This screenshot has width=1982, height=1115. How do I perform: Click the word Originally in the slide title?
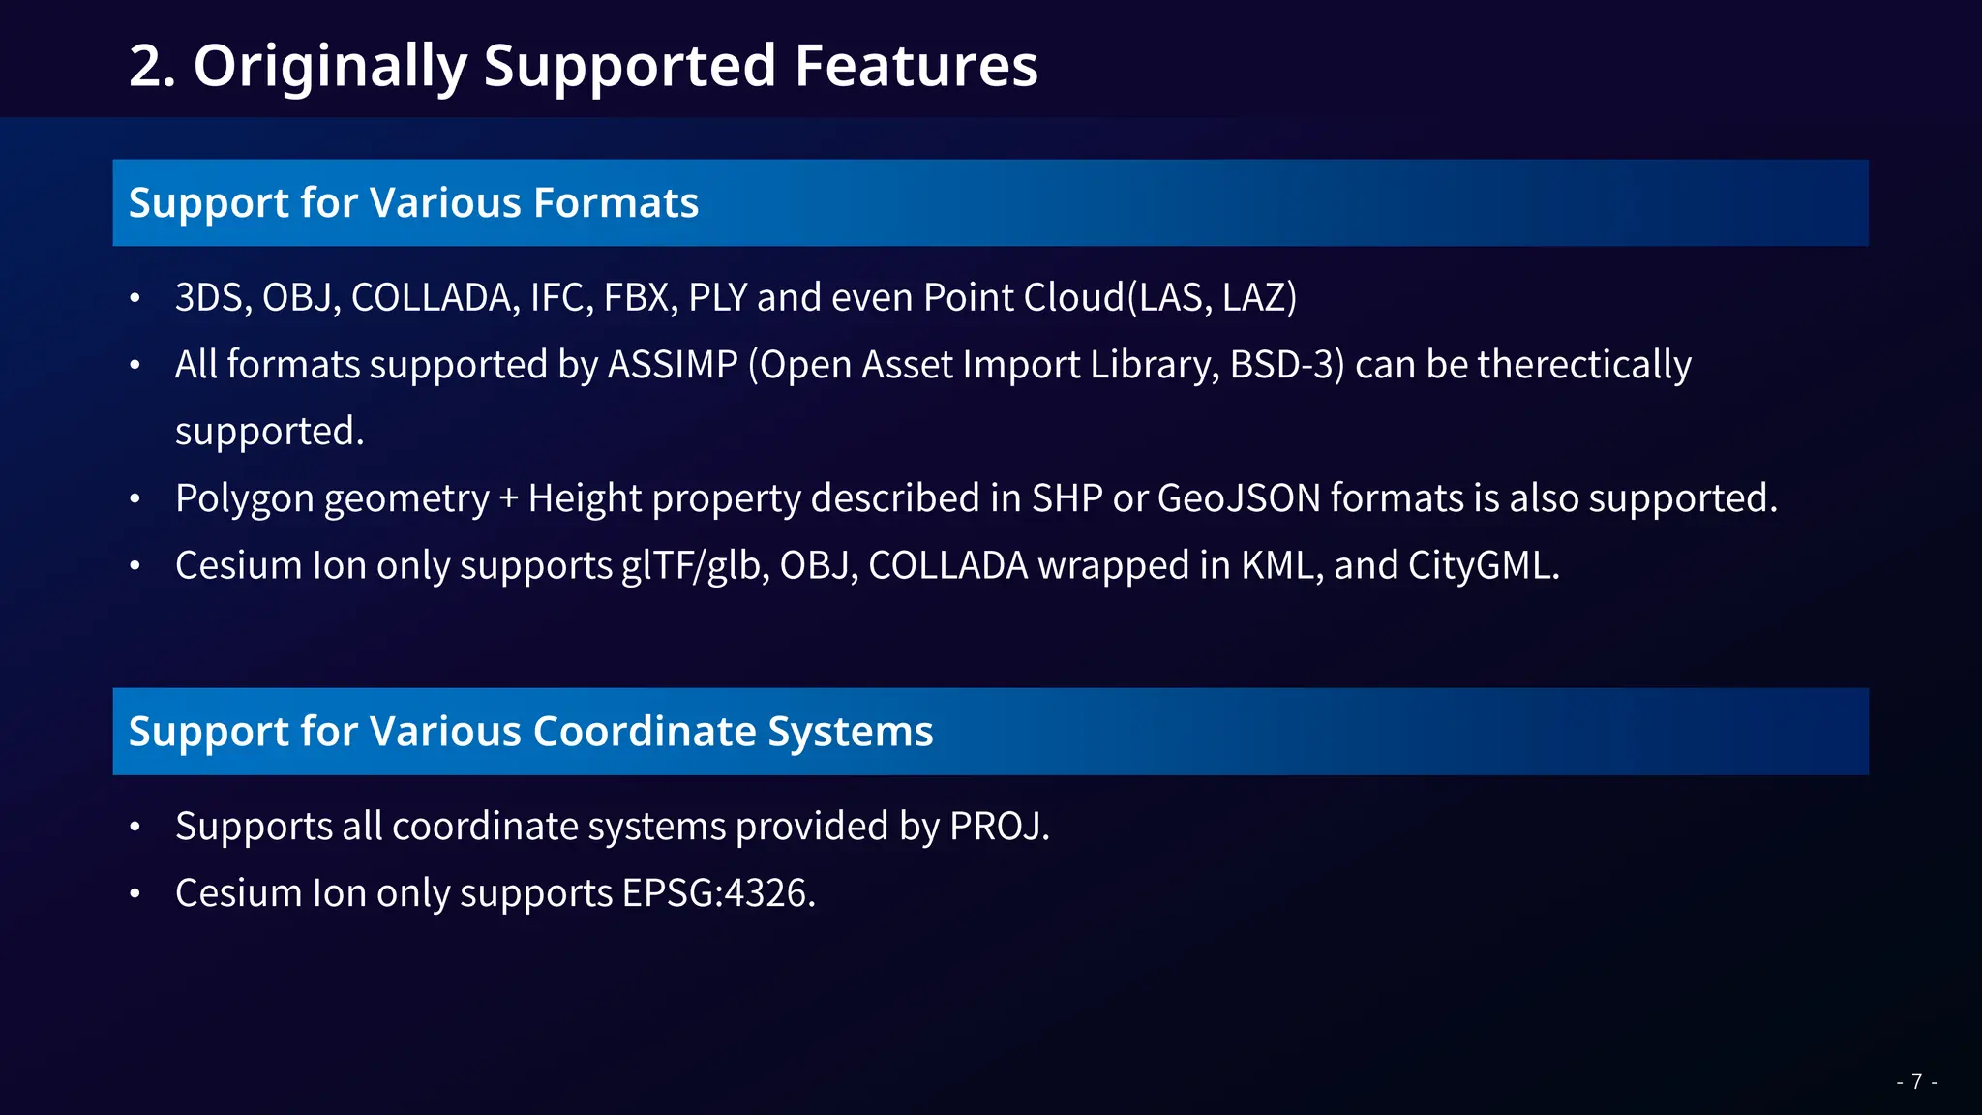coord(330,67)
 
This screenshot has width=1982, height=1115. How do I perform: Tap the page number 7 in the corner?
coord(1916,1082)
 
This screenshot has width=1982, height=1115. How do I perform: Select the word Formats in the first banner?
coord(616,203)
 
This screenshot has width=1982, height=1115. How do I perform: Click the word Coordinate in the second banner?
coord(645,732)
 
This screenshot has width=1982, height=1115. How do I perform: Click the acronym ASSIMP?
coord(673,365)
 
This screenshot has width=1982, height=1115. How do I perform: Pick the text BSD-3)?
coord(1287,365)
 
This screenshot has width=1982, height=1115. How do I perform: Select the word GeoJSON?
coord(1239,498)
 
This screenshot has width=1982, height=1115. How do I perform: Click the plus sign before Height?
coord(509,499)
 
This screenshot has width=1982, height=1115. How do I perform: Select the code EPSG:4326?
coord(718,893)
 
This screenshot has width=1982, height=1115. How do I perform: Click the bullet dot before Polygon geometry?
coord(135,499)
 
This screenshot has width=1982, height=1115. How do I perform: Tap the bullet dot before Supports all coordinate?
coord(135,828)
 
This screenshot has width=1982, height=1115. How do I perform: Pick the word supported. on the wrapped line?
coord(269,432)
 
